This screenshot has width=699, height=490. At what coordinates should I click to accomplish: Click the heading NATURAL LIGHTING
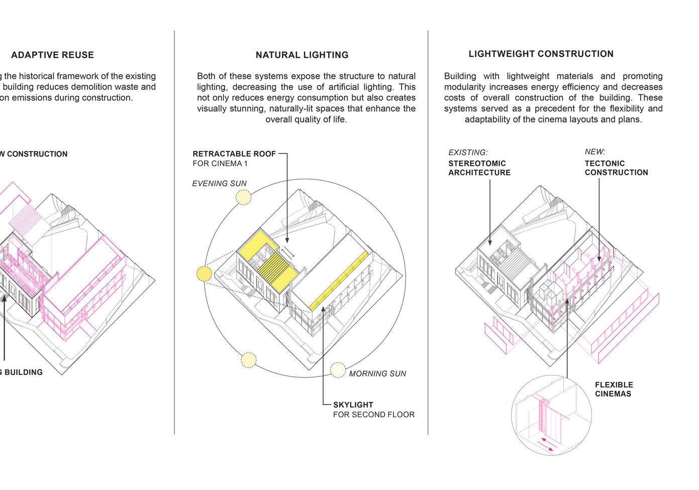302,55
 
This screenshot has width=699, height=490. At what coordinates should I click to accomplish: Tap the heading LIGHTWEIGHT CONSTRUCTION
541,54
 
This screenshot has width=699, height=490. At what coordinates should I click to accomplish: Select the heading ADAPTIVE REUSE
52,55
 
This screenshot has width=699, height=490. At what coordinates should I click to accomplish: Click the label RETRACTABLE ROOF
234,154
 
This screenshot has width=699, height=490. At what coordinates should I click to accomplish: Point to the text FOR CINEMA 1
220,164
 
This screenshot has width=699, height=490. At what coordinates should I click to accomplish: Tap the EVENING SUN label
219,184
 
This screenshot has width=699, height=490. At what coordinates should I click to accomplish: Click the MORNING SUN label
377,374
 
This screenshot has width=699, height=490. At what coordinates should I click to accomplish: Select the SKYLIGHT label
353,405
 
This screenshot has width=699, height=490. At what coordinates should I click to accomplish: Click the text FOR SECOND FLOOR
374,415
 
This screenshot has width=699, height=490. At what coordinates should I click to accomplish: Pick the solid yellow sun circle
204,274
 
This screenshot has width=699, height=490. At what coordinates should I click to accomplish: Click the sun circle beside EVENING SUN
243,197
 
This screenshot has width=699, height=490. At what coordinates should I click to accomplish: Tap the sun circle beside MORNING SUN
338,371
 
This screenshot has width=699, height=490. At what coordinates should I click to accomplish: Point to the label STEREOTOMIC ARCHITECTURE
479,168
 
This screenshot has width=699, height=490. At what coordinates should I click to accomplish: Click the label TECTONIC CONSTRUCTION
616,168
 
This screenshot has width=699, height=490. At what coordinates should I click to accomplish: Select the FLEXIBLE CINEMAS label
614,389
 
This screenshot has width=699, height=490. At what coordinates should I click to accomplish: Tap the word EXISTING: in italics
468,152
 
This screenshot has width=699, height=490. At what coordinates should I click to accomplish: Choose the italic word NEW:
595,152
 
